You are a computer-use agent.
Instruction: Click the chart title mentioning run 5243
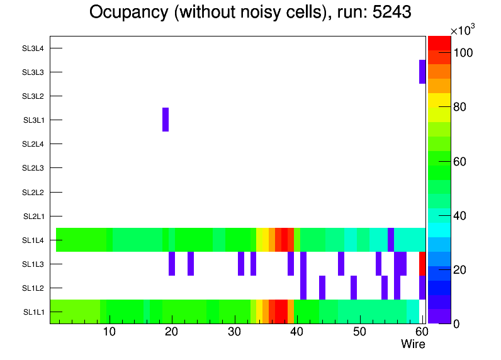click(x=250, y=13)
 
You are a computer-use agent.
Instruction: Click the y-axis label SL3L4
click(x=33, y=48)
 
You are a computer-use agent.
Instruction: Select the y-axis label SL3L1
click(x=33, y=120)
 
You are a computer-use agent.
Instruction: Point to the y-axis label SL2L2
click(x=33, y=192)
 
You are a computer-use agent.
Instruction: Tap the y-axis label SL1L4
click(x=33, y=240)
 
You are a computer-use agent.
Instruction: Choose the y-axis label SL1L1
click(x=33, y=312)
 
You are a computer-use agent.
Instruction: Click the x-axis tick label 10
click(x=110, y=332)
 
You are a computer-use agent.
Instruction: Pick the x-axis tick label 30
click(x=234, y=332)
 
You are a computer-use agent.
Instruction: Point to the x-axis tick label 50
click(x=359, y=332)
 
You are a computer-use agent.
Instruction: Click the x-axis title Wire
click(x=413, y=344)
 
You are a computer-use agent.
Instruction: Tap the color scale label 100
click(x=463, y=53)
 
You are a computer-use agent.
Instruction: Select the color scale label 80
click(x=460, y=107)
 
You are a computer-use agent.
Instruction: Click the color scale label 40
click(x=460, y=216)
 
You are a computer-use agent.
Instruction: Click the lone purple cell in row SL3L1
click(x=166, y=120)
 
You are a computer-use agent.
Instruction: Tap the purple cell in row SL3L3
click(x=422, y=72)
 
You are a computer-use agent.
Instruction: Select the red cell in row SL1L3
click(x=422, y=263)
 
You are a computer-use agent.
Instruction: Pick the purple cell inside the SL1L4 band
click(x=391, y=239)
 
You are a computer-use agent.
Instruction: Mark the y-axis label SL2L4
click(x=33, y=144)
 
